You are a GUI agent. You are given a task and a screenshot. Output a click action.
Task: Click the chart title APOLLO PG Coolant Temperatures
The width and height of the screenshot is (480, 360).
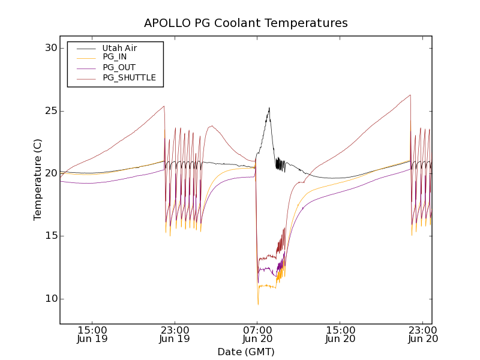245,23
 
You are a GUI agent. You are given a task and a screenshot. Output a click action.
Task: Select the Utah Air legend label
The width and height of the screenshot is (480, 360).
119,48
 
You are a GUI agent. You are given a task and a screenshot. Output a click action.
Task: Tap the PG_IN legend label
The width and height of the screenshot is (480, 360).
115,57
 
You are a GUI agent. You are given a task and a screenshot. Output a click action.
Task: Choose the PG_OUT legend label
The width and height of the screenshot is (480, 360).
119,67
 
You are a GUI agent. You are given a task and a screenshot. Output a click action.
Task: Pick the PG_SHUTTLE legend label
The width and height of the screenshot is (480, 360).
129,77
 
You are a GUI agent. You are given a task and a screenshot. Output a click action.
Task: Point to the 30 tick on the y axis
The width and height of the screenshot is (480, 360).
50,48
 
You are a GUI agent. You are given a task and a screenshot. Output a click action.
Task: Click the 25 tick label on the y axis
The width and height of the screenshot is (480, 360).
50,111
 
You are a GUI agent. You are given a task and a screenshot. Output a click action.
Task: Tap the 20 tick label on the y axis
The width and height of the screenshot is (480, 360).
50,173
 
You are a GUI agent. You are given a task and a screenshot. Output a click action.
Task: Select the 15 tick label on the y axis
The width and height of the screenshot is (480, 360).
50,236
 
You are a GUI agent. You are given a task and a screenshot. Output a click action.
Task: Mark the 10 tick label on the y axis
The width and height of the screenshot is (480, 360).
50,299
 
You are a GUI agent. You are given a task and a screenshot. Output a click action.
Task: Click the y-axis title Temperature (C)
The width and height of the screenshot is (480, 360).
38,179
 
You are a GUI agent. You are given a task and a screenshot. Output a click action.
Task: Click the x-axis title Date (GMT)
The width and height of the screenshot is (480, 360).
245,352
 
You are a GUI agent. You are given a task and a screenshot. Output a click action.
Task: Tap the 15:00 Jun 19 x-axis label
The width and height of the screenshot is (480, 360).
92,334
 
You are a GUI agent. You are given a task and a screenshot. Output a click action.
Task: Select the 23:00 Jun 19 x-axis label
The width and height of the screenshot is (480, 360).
175,334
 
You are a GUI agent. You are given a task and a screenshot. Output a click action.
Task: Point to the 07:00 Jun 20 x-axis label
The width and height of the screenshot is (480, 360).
257,334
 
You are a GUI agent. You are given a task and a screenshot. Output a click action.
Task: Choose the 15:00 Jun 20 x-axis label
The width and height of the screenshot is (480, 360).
340,334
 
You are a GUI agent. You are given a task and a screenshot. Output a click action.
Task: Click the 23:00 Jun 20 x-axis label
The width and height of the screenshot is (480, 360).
422,334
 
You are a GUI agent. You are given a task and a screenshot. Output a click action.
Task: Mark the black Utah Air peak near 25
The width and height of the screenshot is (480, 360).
269,108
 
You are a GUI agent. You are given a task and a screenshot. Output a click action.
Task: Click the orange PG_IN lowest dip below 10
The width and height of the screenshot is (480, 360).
258,304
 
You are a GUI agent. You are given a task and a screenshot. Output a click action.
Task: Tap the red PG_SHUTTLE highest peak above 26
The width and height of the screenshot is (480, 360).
410,95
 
